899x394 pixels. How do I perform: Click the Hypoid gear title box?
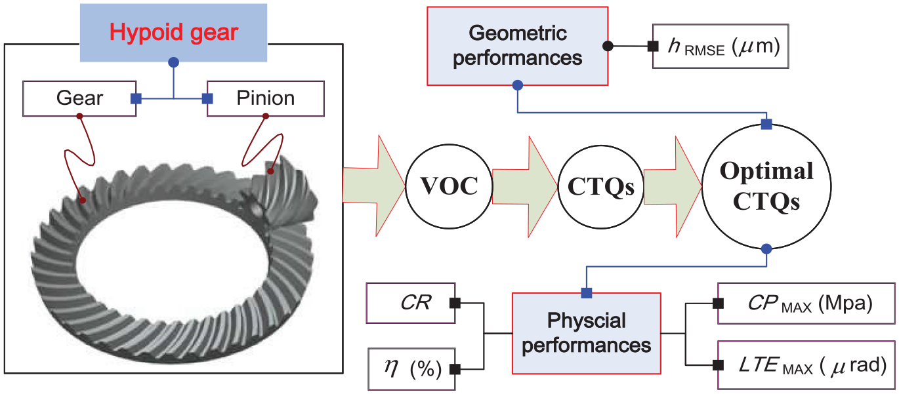[x=173, y=33]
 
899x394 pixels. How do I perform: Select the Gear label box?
[x=79, y=98]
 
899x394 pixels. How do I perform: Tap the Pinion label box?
[x=266, y=98]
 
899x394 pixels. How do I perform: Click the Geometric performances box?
[x=518, y=46]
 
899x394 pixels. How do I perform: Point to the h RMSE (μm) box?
[x=721, y=46]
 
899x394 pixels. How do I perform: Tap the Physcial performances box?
[x=587, y=334]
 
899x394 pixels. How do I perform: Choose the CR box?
[x=411, y=303]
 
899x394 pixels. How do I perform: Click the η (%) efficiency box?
[x=412, y=369]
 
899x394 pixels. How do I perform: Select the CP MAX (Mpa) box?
[x=806, y=304]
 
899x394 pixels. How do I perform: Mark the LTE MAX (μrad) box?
[x=806, y=365]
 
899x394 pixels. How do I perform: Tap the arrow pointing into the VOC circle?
[x=374, y=186]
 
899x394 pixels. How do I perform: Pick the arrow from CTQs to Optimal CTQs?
[x=673, y=187]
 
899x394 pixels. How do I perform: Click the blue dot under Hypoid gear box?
[x=173, y=62]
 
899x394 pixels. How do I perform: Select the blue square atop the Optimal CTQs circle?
[x=766, y=125]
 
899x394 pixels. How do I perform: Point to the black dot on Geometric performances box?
[x=608, y=46]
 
